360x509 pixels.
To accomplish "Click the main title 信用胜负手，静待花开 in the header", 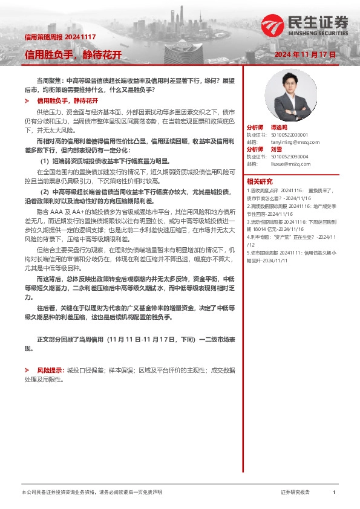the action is point(73,54).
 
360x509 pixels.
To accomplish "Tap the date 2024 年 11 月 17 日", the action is point(305,54).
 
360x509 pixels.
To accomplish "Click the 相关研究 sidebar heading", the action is point(259,182).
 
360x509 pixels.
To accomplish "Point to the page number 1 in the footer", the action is point(333,493).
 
